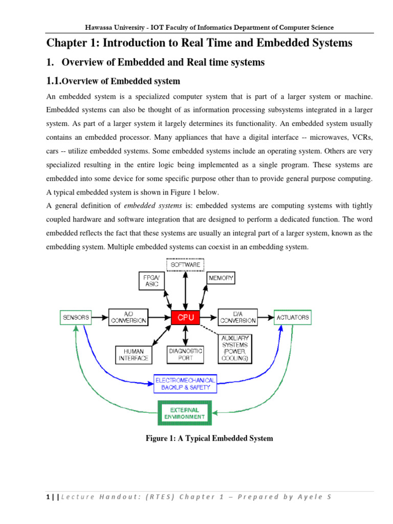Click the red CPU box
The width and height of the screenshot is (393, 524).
click(x=185, y=317)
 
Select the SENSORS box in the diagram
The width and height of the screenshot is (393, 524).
click(x=76, y=317)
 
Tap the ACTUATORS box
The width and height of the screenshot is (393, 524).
click(x=293, y=317)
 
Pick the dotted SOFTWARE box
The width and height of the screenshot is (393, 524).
click(x=185, y=265)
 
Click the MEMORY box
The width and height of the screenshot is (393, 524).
click(x=221, y=278)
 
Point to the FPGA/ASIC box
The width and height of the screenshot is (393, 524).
click(x=152, y=280)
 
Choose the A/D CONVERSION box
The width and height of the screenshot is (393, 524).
click(x=128, y=317)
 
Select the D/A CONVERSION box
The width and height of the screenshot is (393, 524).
click(x=237, y=317)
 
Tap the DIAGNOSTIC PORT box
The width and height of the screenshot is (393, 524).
click(x=185, y=355)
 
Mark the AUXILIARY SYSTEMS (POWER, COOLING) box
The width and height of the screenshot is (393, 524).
click(x=235, y=349)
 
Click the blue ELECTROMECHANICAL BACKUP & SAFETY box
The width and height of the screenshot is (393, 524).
click(x=185, y=383)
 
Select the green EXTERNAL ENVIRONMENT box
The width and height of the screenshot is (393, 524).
click(x=185, y=413)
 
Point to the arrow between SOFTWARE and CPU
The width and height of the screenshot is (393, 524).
click(x=185, y=290)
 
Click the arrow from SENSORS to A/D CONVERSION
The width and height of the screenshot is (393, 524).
click(x=100, y=317)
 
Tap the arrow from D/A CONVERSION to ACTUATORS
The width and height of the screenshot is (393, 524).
click(x=265, y=317)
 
